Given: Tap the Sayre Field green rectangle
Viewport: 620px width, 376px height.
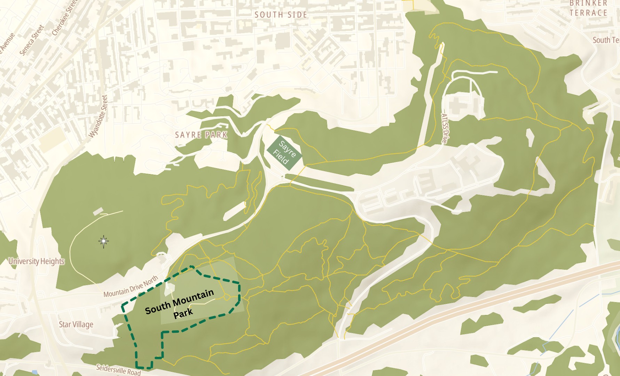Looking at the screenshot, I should tap(284, 153).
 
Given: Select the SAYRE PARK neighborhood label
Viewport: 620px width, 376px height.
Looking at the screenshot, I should tap(201, 135).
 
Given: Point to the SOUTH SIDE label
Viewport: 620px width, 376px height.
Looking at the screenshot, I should tap(281, 15).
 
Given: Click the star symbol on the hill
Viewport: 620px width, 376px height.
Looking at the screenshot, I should tap(103, 241).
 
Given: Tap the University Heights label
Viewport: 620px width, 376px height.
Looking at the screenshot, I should tap(37, 261).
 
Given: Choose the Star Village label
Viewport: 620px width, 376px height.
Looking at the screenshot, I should tap(76, 324).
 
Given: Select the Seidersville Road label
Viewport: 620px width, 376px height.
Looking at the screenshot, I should tap(118, 369).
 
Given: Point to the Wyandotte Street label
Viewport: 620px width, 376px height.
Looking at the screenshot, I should tap(99, 116).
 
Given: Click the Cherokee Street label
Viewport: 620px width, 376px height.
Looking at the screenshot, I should tap(64, 17).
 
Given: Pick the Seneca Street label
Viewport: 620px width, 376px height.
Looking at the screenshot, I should tap(32, 40).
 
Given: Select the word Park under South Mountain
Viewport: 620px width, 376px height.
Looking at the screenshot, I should tap(183, 313).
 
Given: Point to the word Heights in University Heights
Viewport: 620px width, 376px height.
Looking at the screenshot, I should tap(51, 261).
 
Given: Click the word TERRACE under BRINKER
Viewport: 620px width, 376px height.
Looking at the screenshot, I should tap(588, 13).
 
